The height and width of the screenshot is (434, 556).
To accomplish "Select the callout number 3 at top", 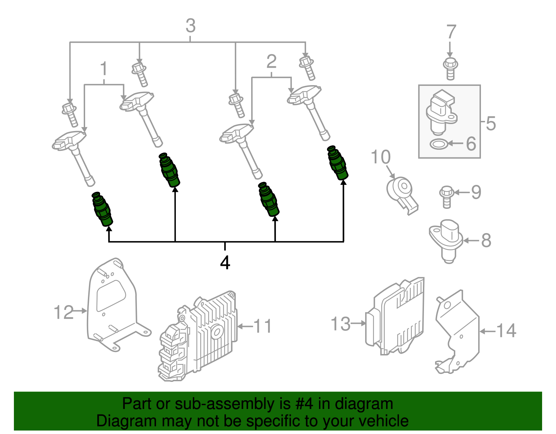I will pos(190,26).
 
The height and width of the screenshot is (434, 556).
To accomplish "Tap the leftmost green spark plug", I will pos(103,209).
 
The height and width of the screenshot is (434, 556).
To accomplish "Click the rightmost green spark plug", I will pos(337,163).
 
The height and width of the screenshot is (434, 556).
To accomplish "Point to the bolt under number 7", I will pos(450,69).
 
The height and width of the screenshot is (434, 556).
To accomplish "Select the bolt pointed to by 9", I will pos(446,197).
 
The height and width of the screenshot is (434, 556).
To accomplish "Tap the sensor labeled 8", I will pos(447,240).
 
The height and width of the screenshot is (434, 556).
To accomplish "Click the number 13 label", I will pos(340,324).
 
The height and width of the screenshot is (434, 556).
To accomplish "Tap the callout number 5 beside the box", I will pos(490,123).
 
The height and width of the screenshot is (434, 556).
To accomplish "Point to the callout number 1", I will pos(104,69).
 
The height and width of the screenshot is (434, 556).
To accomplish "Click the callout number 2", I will pos(271,62).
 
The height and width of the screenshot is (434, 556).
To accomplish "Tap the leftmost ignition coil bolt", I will pos(71,115).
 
